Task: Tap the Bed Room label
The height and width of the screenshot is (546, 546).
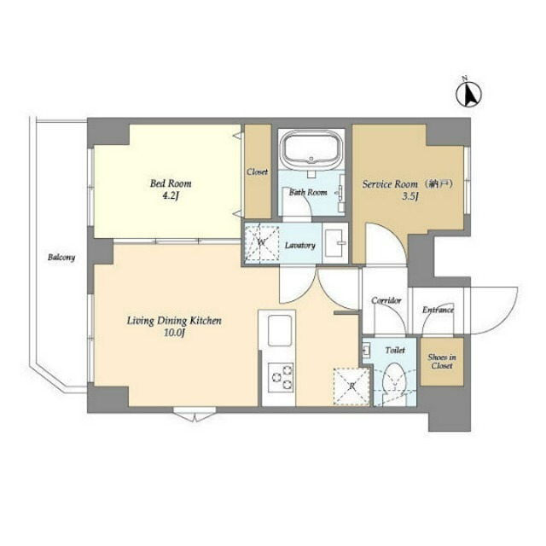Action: click(x=171, y=183)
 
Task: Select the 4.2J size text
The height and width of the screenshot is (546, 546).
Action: click(x=171, y=196)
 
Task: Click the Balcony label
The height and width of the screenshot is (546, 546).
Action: click(x=61, y=257)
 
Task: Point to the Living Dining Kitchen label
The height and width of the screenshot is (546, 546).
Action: click(x=174, y=321)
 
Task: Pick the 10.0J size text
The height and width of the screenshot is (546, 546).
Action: click(x=174, y=334)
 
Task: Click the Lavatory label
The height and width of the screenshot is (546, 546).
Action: click(x=300, y=246)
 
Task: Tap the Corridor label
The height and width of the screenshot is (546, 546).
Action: click(x=386, y=300)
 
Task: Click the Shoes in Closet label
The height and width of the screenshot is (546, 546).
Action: click(x=442, y=362)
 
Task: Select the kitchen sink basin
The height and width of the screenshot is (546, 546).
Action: click(x=278, y=331)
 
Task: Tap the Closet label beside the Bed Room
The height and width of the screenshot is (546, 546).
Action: click(x=258, y=171)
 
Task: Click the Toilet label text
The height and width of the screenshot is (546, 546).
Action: click(x=395, y=350)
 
